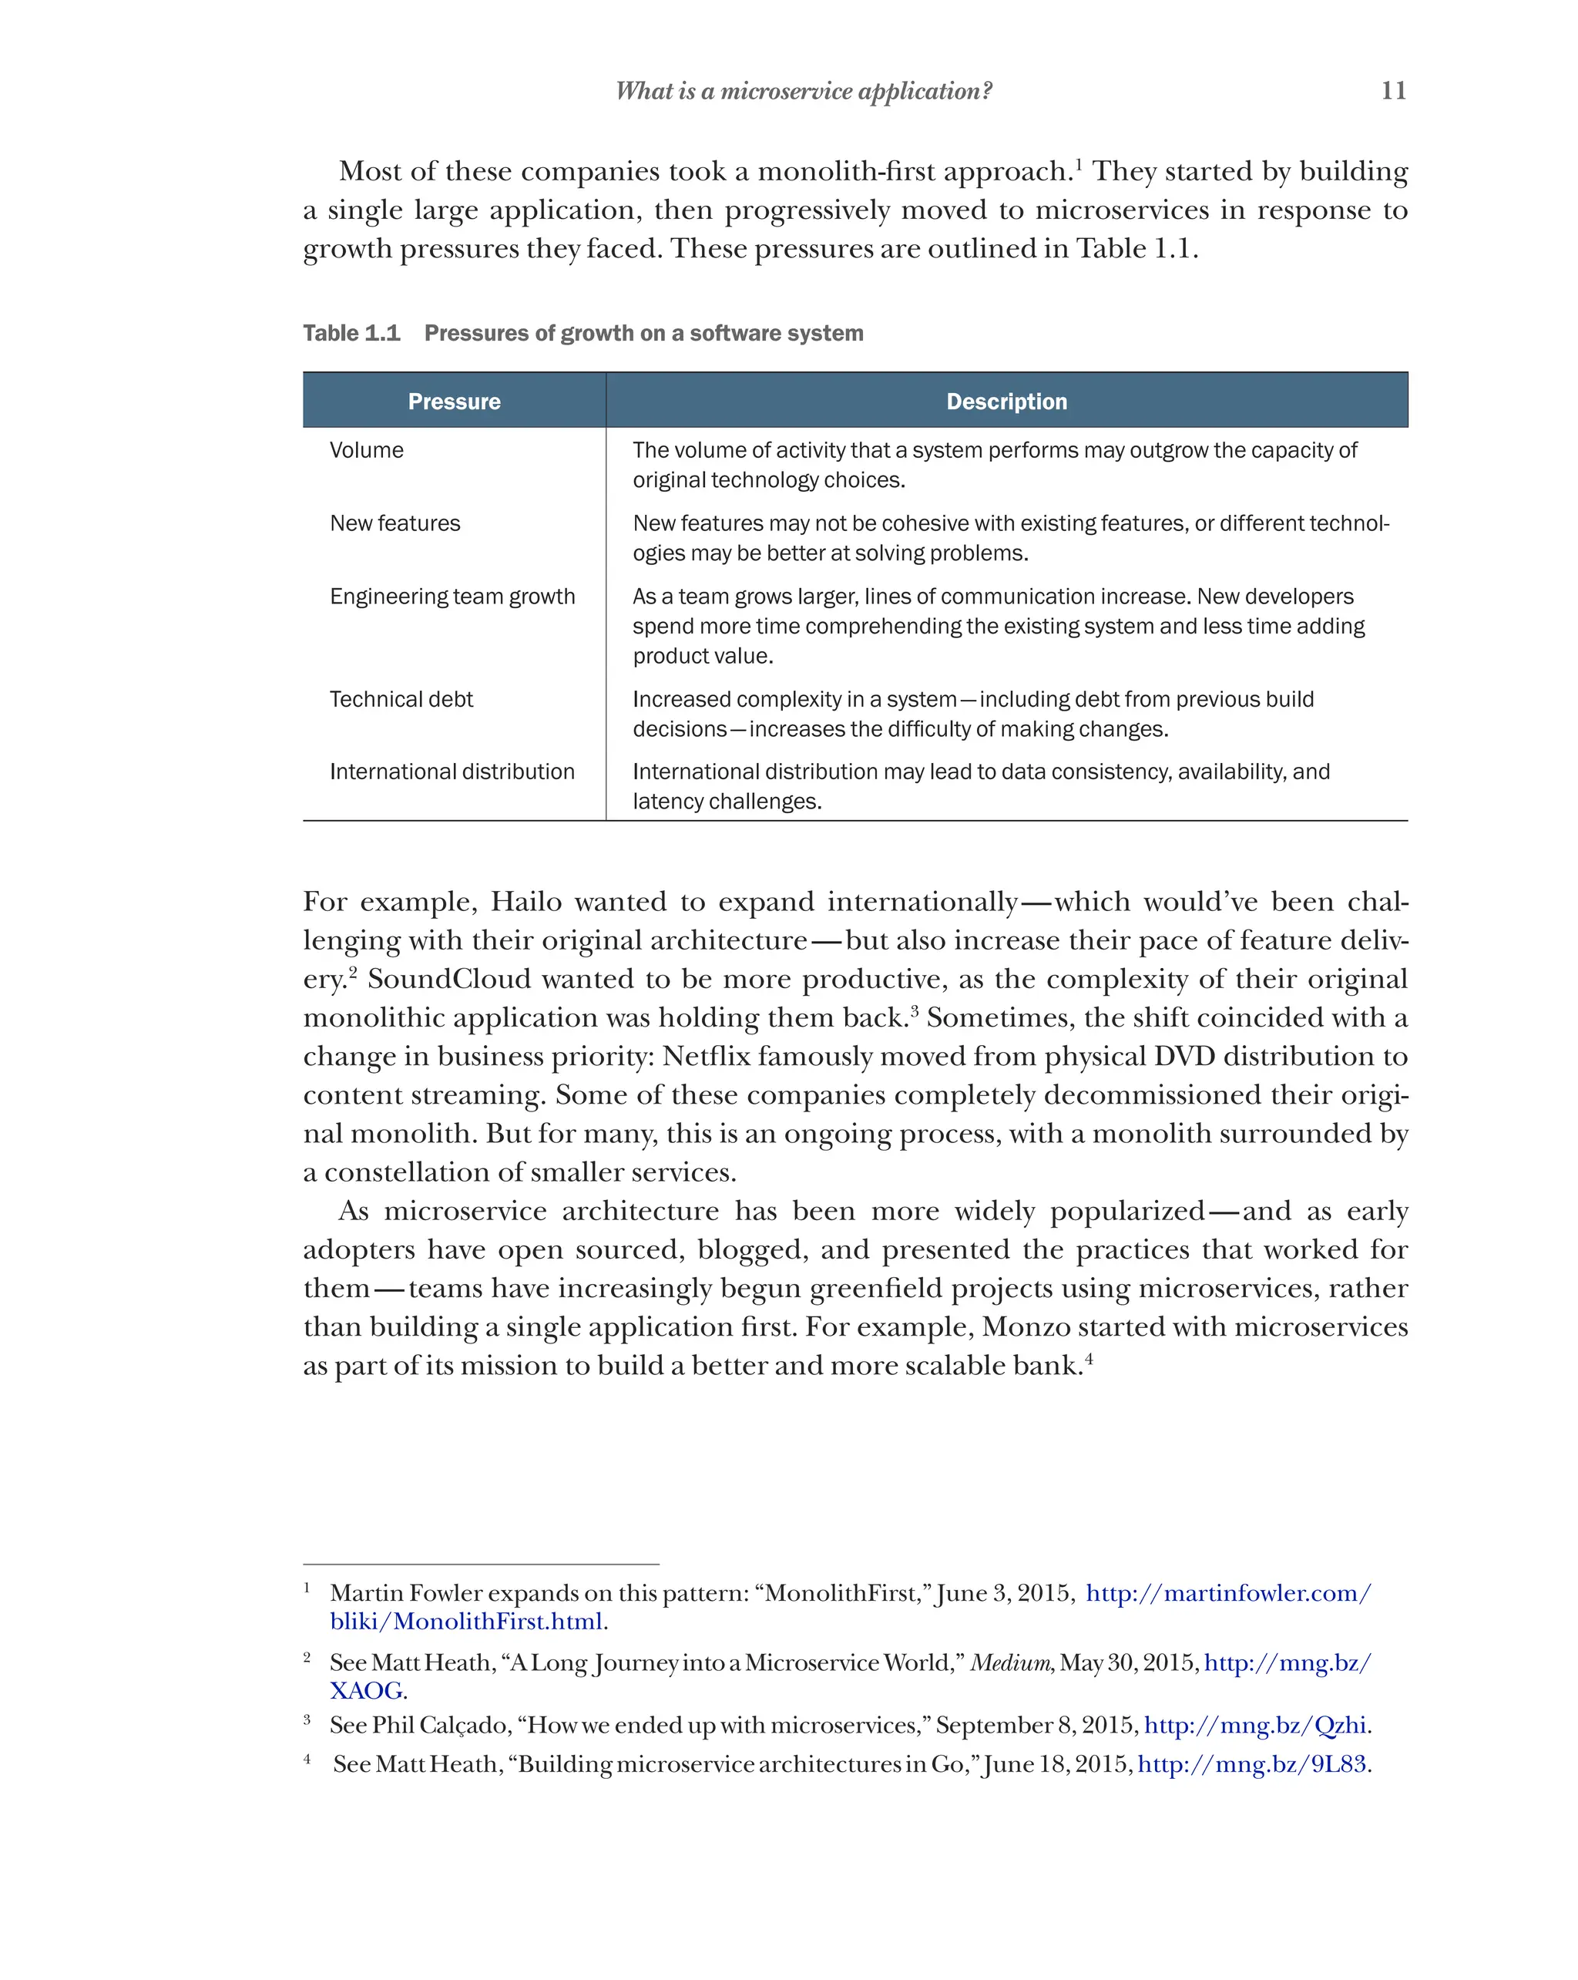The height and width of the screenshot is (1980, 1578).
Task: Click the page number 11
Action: (1392, 90)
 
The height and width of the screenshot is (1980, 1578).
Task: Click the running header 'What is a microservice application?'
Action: (803, 91)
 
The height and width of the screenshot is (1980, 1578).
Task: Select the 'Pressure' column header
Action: (454, 402)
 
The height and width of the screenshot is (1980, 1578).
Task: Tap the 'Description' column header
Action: (1006, 402)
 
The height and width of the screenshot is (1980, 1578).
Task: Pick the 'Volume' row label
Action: (366, 450)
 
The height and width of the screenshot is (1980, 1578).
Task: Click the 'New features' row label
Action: (394, 523)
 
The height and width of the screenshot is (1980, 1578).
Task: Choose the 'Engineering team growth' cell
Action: (452, 597)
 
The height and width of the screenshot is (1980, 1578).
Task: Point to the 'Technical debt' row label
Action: (401, 700)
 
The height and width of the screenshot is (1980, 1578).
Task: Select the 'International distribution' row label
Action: (452, 772)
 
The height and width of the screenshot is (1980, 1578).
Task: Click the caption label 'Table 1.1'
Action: (351, 334)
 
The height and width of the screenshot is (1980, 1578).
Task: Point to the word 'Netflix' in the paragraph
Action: (706, 1056)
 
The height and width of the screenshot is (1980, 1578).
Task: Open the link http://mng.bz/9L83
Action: (1251, 1764)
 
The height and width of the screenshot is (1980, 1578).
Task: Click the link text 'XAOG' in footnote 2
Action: (365, 1691)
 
